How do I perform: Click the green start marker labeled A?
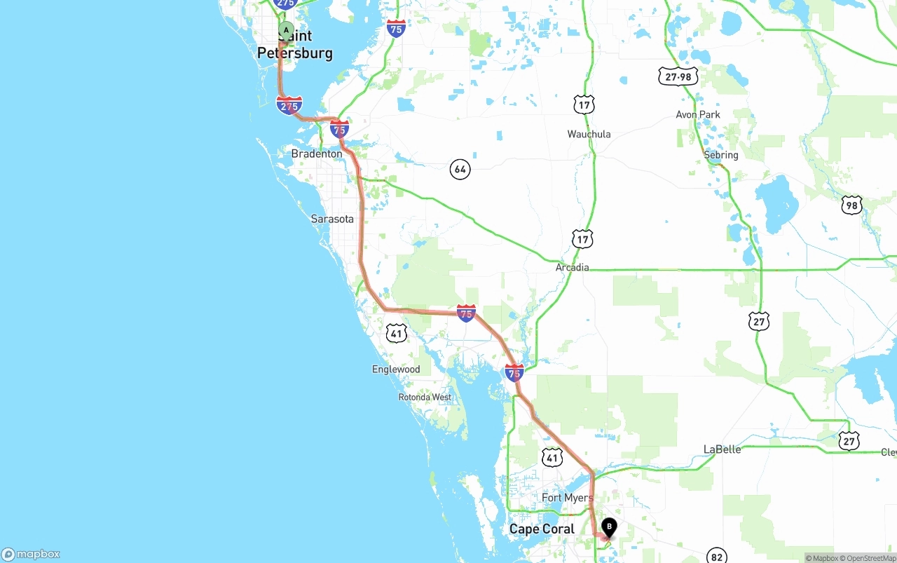(286, 30)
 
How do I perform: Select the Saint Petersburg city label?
(295, 45)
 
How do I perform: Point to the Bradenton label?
(317, 154)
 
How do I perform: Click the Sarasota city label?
(332, 219)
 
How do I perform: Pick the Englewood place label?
(396, 369)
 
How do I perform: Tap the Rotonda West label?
(425, 397)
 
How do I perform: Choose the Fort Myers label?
(567, 498)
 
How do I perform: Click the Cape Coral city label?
(542, 529)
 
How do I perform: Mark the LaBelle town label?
(722, 449)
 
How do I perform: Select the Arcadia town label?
(572, 267)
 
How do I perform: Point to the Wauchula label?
(589, 134)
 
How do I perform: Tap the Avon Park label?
(697, 114)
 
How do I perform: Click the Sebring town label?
(720, 155)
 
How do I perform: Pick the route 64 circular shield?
(460, 169)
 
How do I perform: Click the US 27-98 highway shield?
(678, 76)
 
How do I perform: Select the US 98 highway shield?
(851, 205)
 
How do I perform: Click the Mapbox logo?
(31, 555)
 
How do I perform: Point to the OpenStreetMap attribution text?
(869, 559)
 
